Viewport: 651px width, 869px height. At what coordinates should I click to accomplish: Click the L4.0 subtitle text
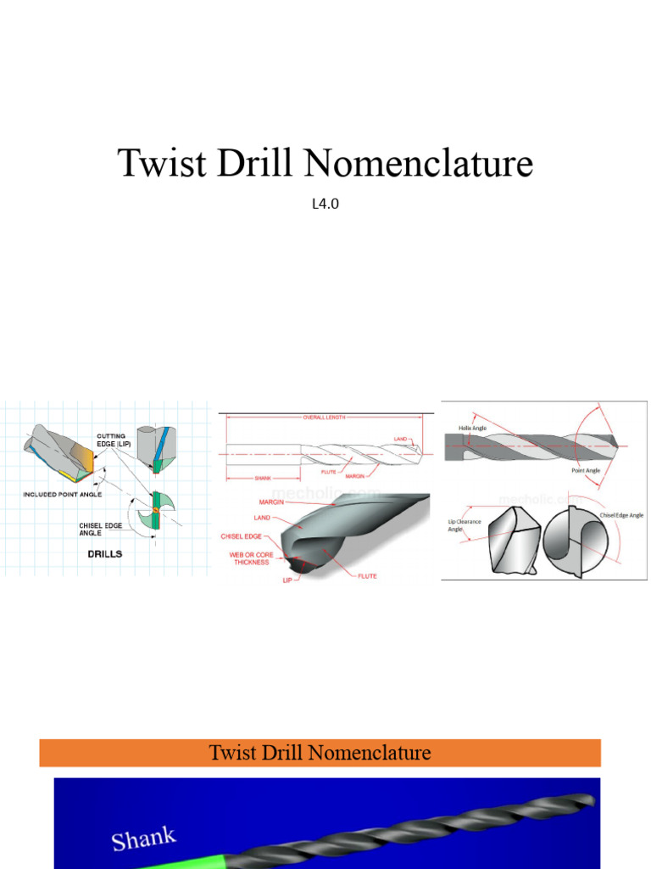coord(325,204)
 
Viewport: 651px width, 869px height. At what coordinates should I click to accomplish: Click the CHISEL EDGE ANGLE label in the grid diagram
coord(103,530)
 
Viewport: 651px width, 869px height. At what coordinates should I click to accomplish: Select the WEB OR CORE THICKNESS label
coord(251,558)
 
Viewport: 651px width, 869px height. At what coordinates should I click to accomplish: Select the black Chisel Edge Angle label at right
coord(621,515)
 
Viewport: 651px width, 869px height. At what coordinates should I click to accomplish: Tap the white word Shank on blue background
coord(144,838)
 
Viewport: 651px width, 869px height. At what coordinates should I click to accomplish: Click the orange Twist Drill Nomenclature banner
coord(320,753)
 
